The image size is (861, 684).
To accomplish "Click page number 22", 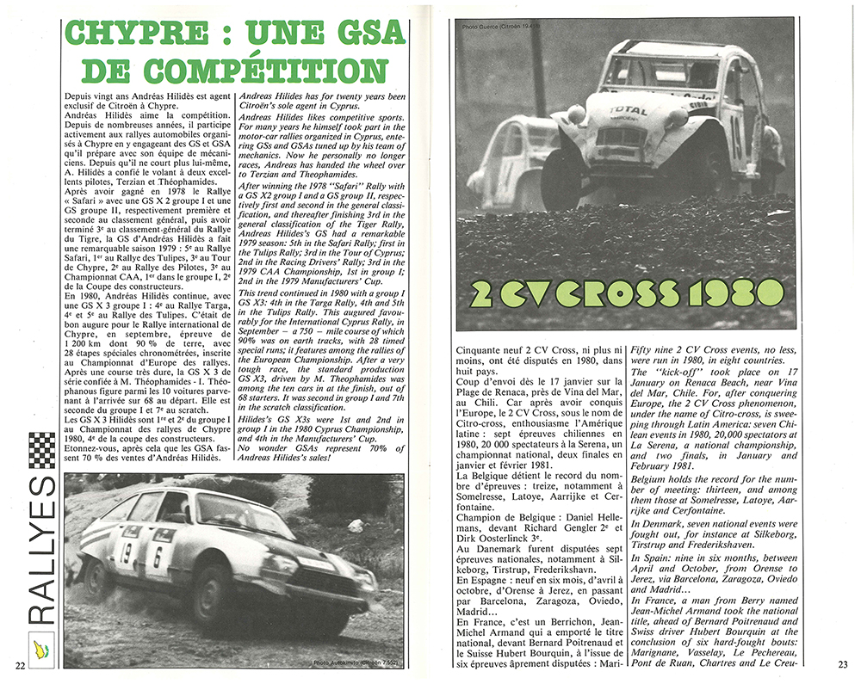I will pyautogui.click(x=19, y=665).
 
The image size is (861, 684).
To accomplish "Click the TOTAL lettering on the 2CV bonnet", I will pyautogui.click(x=628, y=111).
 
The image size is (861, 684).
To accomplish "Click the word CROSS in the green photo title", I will pyautogui.click(x=610, y=294).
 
